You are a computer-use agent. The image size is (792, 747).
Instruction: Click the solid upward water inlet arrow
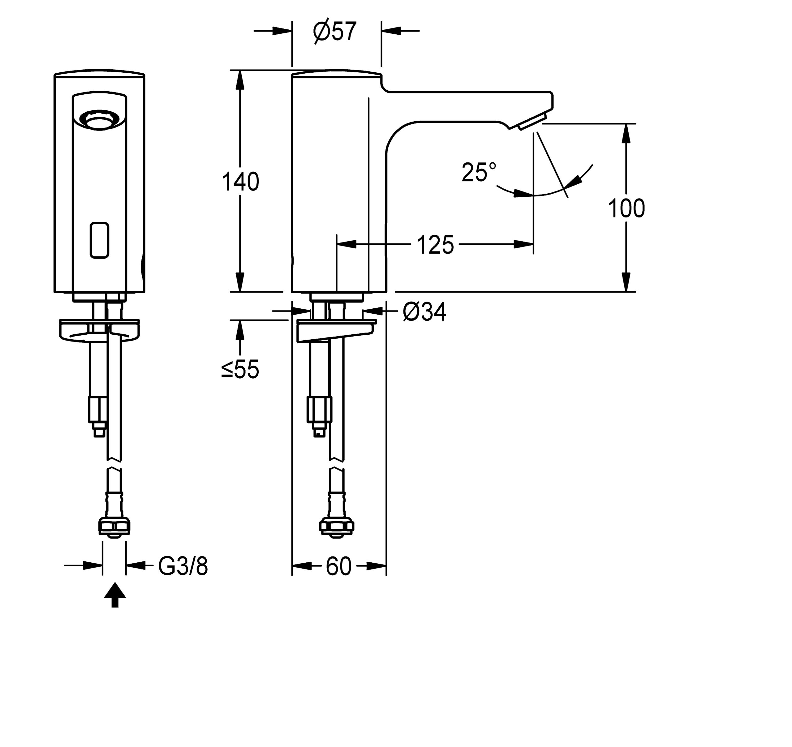click(x=115, y=595)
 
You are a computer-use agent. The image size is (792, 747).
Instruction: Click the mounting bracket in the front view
click(x=99, y=329)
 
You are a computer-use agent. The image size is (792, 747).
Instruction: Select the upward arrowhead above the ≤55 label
click(x=240, y=329)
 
